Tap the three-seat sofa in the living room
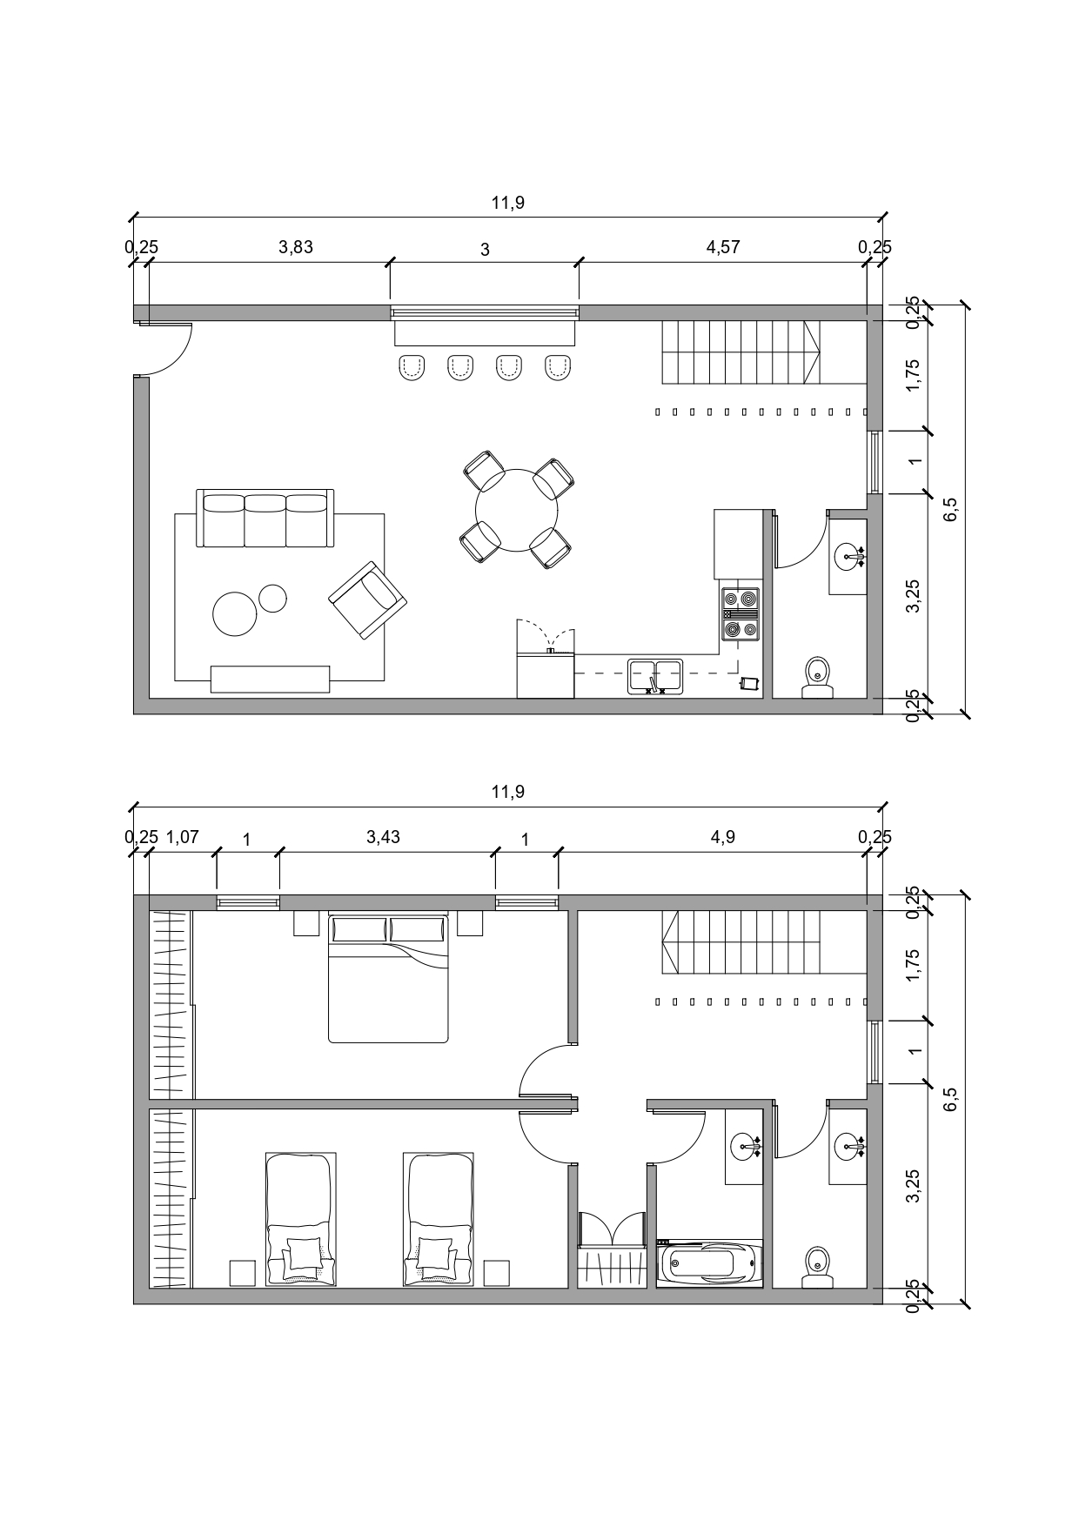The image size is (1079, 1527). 265,519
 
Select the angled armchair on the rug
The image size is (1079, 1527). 367,600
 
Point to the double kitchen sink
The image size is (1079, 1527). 655,676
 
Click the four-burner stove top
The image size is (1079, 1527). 740,614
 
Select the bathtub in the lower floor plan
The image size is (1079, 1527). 710,1263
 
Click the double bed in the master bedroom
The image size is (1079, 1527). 388,977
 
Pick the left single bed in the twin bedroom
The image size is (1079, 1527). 300,1220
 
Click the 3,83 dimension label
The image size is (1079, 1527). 296,247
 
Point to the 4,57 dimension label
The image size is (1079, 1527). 723,247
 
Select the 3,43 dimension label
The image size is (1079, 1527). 383,837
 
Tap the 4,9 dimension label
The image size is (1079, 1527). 723,837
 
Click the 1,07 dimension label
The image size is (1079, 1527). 183,837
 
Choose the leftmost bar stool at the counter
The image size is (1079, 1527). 411,368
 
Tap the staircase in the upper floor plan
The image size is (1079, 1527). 741,352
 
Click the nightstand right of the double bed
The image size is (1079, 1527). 470,923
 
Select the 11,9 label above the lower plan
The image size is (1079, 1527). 508,793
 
